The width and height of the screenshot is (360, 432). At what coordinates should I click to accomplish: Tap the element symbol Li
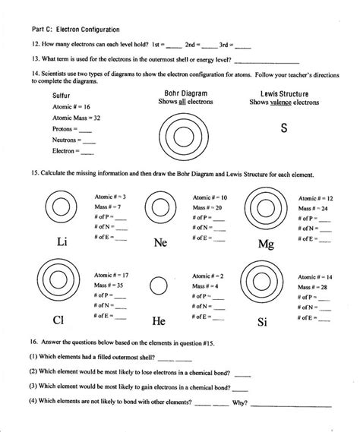pos(63,242)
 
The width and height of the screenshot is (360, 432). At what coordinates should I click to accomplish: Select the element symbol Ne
pos(160,244)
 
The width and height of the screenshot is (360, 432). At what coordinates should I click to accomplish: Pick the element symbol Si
pos(263,322)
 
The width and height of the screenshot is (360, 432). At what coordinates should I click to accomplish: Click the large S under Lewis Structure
pos(283,128)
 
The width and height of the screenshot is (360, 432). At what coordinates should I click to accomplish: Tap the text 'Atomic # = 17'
pos(111,274)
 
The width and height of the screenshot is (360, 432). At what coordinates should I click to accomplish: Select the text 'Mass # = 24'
pos(314,208)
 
